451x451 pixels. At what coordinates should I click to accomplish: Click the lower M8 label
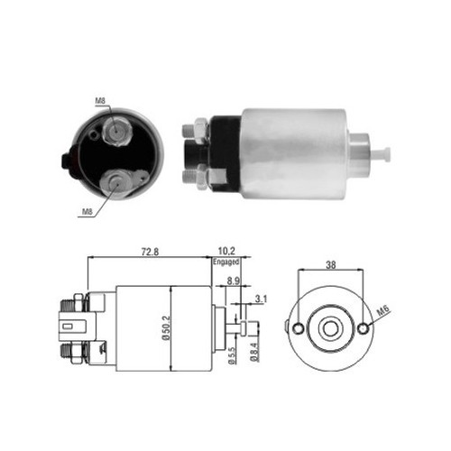[x=87, y=212]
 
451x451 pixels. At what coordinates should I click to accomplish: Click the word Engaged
[x=227, y=262]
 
